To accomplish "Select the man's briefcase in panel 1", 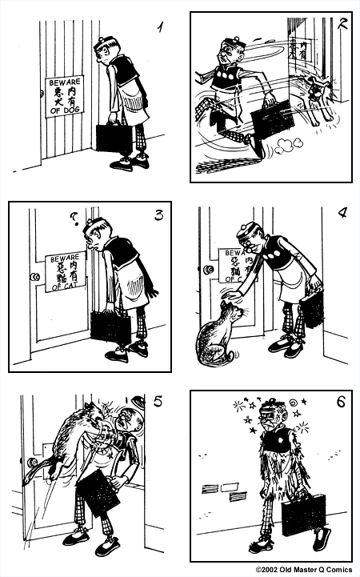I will (x=114, y=137).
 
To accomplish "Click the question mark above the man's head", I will (x=74, y=216).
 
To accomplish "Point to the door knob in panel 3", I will (x=34, y=277).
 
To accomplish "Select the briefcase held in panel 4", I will (x=310, y=307).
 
